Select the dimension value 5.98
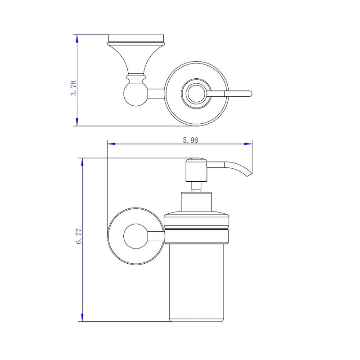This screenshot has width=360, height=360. [191, 140]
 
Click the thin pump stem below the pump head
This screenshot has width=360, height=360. [196, 186]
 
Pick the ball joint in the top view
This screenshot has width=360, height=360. [134, 94]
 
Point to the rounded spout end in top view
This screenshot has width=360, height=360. [249, 94]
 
